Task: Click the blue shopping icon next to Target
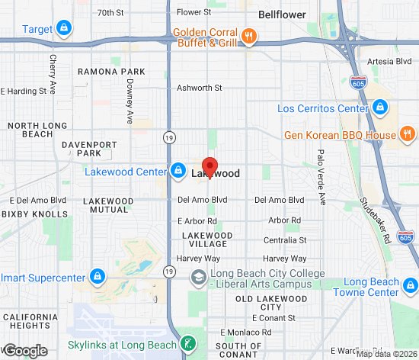64,30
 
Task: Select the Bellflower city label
281,14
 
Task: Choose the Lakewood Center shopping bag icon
178,170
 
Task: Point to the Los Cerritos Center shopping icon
380,109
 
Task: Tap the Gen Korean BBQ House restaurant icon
408,136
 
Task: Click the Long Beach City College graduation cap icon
198,276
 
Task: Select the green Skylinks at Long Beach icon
187,345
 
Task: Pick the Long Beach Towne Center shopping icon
411,287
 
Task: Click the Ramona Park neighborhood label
112,71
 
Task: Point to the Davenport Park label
89,148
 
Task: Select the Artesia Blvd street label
389,60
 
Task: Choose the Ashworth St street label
199,88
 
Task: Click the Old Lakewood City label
271,303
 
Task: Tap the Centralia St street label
284,239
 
